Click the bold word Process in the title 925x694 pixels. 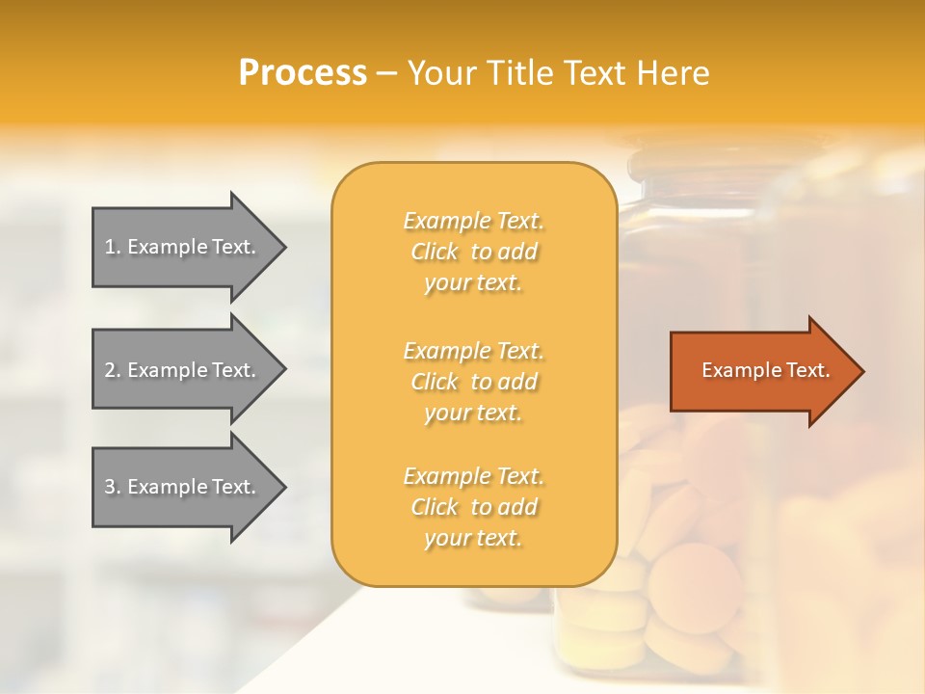(303, 73)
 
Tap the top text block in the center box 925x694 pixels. (473, 252)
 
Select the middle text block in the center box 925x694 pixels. (473, 382)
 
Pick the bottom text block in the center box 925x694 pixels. (473, 507)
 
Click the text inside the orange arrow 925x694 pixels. (766, 370)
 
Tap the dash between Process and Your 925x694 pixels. (386, 74)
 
